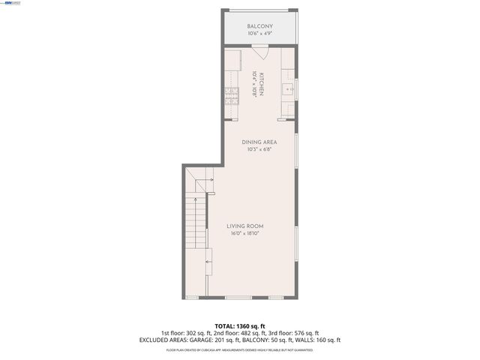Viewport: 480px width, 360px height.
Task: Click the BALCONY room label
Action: click(261, 27)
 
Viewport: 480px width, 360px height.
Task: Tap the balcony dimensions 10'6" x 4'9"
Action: click(261, 34)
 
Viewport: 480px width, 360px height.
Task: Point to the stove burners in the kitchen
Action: click(231, 94)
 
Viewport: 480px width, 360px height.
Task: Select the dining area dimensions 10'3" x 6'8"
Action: click(259, 149)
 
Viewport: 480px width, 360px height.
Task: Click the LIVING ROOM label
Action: click(245, 226)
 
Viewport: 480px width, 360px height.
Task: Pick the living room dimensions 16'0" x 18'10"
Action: click(245, 233)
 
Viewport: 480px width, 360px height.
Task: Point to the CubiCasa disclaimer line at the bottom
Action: click(240, 349)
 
